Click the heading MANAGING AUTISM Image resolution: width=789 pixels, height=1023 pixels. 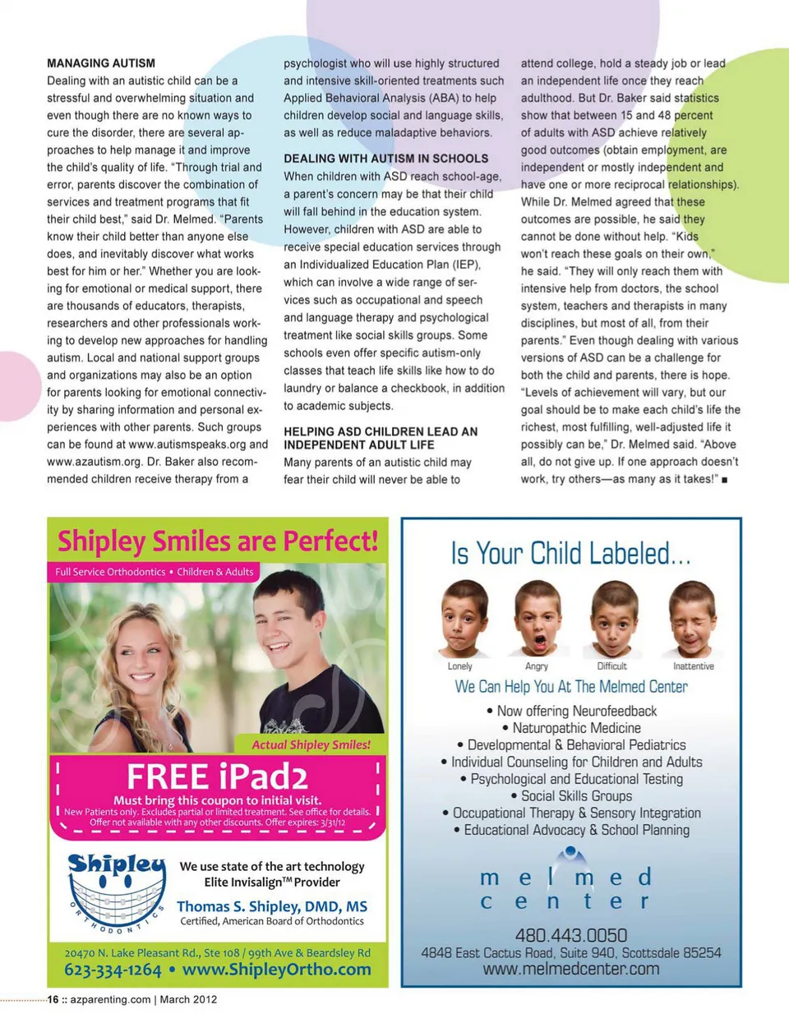point(101,63)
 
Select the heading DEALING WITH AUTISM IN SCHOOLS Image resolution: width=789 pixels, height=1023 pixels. point(385,159)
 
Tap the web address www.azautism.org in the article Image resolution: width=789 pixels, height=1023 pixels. point(93,462)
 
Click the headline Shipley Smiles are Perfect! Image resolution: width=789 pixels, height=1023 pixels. point(218,541)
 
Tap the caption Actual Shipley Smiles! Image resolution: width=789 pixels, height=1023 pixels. point(311,744)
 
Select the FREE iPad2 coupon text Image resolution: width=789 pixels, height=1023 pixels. point(217,777)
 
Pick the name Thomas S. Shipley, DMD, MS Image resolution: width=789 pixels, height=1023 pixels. point(272,906)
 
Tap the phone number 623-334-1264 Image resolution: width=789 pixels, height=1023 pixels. point(113,970)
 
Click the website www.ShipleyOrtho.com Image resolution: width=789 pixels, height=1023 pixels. point(276,970)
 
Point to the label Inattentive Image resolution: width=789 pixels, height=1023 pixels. point(694,666)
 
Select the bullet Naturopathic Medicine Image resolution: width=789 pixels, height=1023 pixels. point(576,728)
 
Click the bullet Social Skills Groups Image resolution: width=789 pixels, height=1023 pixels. point(576,795)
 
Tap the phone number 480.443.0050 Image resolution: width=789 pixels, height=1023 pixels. point(571,935)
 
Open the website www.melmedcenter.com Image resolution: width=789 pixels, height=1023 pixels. point(571,969)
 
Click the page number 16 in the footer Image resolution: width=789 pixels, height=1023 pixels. point(53,1000)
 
